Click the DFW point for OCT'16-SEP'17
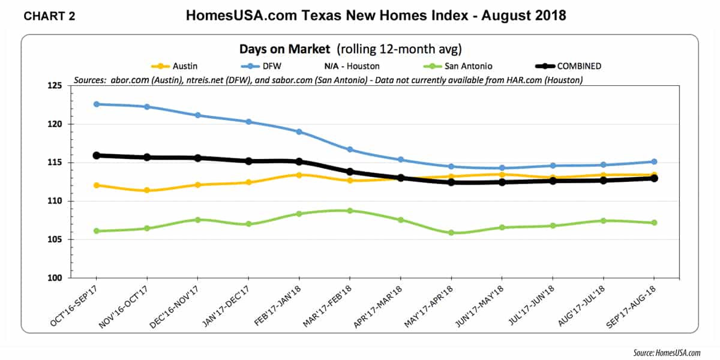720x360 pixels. (96, 104)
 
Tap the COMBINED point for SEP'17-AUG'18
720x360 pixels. (653, 178)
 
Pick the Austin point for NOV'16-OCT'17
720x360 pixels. (146, 190)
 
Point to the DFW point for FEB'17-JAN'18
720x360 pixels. (299, 131)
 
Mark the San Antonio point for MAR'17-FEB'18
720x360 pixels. (349, 211)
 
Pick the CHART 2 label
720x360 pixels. (49, 16)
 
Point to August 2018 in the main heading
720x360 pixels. (524, 15)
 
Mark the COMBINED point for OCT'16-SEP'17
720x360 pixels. (96, 155)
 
